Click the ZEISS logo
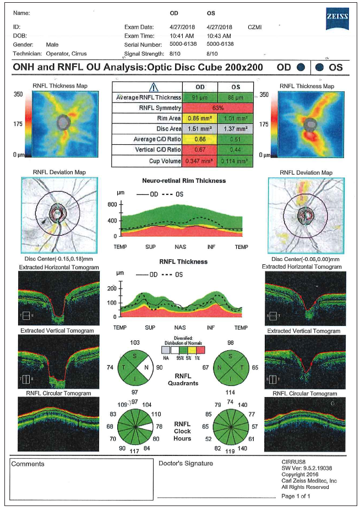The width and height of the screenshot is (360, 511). pyautogui.click(x=336, y=18)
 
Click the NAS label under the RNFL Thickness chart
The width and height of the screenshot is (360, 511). pyautogui.click(x=180, y=328)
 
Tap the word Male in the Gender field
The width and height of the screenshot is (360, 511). pyautogui.click(x=52, y=44)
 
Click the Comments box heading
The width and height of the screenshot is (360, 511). pyautogui.click(x=28, y=464)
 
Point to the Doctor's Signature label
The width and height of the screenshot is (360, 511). pyautogui.click(x=186, y=464)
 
